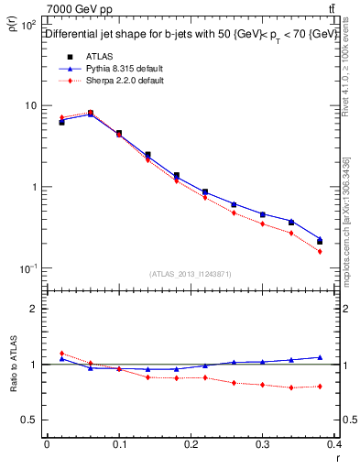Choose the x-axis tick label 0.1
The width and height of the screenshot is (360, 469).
(x=117, y=445)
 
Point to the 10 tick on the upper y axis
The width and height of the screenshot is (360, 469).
(x=30, y=105)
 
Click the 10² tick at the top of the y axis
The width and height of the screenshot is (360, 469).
(x=28, y=24)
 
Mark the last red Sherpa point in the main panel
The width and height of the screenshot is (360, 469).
(x=320, y=251)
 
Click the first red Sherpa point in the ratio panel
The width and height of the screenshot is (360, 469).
(x=61, y=354)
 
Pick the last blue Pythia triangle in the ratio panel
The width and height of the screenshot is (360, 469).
(x=320, y=357)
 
